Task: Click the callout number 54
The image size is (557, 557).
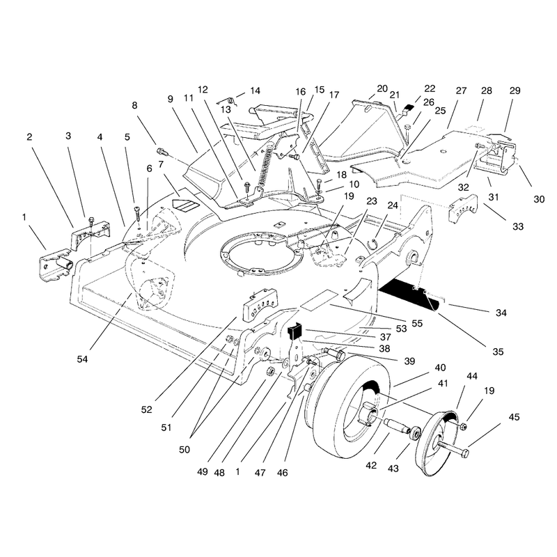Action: point(82,359)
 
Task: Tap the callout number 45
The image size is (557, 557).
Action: point(514,416)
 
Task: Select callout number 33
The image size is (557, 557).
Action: point(518,226)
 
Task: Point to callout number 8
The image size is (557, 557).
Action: point(134,106)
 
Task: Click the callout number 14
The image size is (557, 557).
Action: point(255,91)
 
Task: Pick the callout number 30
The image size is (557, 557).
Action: point(539,199)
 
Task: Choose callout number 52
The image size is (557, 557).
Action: point(146,409)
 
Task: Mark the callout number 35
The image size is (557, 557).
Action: point(498,352)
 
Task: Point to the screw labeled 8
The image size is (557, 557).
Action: point(162,152)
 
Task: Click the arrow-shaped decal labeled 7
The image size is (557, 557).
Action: point(185,205)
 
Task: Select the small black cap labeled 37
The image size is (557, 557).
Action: point(294,329)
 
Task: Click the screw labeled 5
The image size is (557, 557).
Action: point(137,213)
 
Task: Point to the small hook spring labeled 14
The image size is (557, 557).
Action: point(229,101)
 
